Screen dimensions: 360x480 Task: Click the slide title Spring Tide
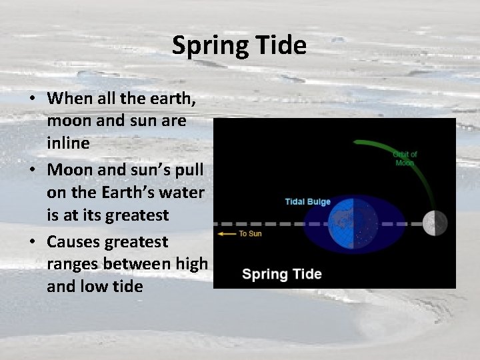(239, 45)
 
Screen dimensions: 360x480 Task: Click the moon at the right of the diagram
(435, 223)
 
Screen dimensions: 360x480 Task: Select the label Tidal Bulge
(308, 201)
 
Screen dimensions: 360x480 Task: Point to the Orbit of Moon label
(405, 159)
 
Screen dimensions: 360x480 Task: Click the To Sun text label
(250, 234)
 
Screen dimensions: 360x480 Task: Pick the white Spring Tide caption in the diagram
(281, 274)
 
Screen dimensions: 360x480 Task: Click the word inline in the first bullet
(67, 144)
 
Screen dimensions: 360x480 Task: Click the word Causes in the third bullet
(73, 241)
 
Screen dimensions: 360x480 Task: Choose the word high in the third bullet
(192, 264)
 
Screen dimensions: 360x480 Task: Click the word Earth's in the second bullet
(129, 193)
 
